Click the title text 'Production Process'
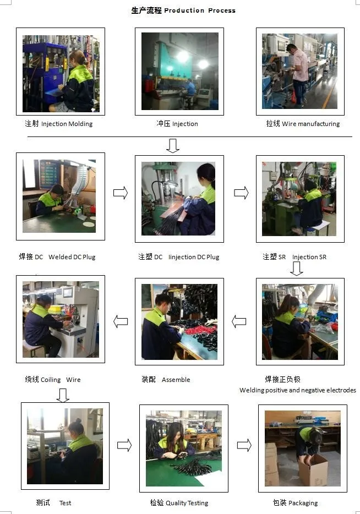coord(200,10)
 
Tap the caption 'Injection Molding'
coord(67,124)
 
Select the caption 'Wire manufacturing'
coord(311,124)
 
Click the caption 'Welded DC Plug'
coord(72,257)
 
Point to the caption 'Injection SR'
coord(309,257)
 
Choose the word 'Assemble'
coord(176,380)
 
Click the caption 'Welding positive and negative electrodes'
coord(298,390)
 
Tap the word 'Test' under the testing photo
coord(66,503)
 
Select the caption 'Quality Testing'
coord(187,503)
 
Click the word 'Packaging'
coord(303,503)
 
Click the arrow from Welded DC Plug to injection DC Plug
coord(121,193)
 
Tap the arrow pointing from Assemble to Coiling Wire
coord(121,321)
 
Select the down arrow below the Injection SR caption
coord(296,269)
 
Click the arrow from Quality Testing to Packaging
coord(244,445)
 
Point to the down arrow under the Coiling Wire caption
coord(63,395)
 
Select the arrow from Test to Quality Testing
coord(124,445)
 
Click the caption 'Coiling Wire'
coord(61,380)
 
